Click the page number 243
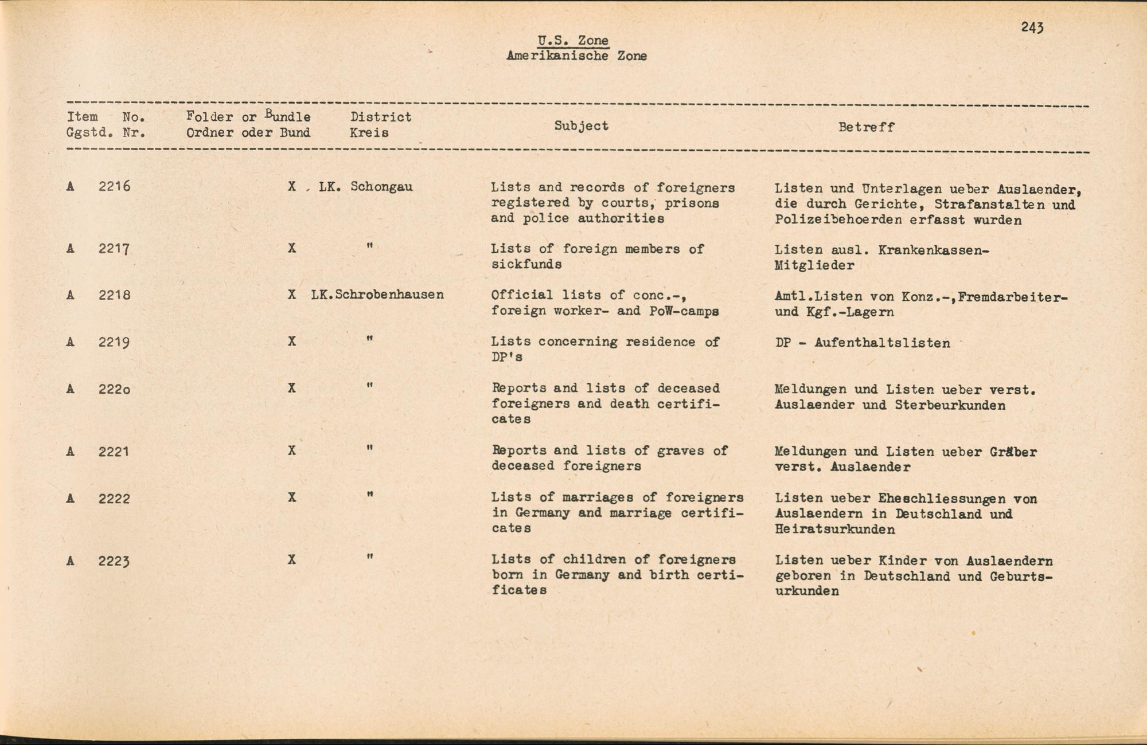(x=1032, y=28)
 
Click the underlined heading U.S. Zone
(x=573, y=41)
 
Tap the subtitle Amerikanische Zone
(x=576, y=56)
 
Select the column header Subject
(x=581, y=126)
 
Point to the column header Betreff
(x=866, y=127)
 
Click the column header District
(x=381, y=117)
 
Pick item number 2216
(x=114, y=186)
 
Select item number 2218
(x=114, y=295)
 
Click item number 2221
(x=114, y=452)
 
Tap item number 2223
(x=114, y=561)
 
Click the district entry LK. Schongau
(x=365, y=187)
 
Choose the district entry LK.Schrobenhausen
(x=377, y=295)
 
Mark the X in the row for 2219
(x=292, y=342)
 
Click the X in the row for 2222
(x=292, y=497)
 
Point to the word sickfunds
(x=526, y=264)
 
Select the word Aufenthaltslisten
(x=882, y=343)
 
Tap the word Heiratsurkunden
(x=834, y=529)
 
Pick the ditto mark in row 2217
(x=370, y=246)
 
